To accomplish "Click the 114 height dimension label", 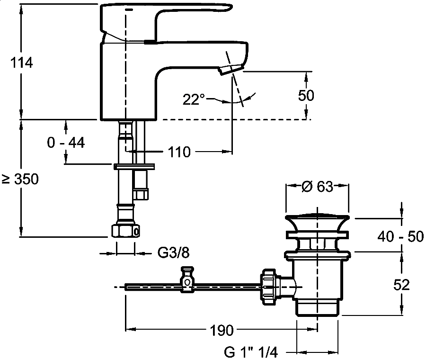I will coord(21,63).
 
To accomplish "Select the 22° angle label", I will coord(194,99).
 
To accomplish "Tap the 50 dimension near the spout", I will coord(306,95).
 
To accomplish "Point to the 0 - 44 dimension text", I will coord(66,142).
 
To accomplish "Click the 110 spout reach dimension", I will coord(178,152).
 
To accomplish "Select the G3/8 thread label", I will coord(173,253).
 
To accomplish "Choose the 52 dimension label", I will coord(401,284).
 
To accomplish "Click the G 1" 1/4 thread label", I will coord(251,352).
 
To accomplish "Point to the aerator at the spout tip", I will coord(230,70).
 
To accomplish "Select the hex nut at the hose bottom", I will coord(126,231).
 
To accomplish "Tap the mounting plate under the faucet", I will coord(134,166).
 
